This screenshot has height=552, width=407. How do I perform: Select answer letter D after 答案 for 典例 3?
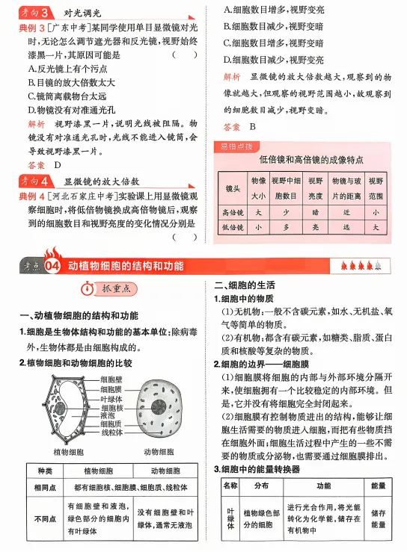click(58, 164)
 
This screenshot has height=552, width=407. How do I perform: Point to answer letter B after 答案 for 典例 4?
click(253, 128)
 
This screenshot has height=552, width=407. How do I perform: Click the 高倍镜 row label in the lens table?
click(233, 211)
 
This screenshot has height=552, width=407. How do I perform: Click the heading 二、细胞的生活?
click(245, 286)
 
